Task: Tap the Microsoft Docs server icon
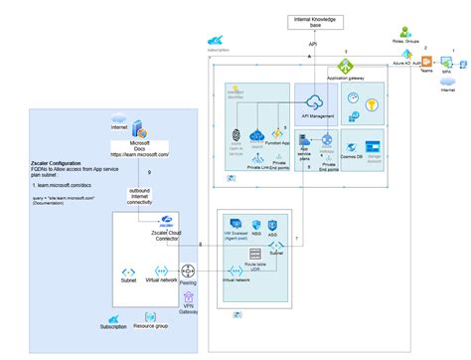[139, 130]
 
